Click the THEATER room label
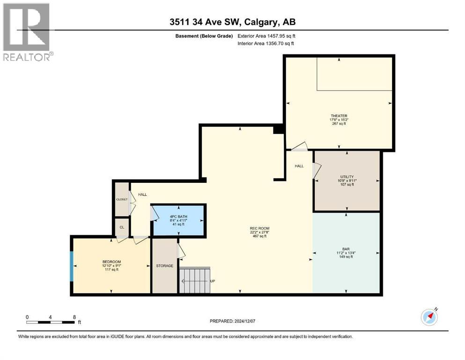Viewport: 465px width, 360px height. (x=338, y=116)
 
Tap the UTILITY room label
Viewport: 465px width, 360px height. (x=347, y=177)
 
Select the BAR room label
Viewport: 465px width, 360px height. (x=347, y=249)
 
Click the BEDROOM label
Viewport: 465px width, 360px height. (x=112, y=262)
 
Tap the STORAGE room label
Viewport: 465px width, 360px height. (x=164, y=266)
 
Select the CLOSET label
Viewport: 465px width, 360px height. (x=122, y=199)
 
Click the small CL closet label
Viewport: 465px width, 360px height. (x=122, y=227)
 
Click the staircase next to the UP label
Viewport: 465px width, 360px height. (x=195, y=280)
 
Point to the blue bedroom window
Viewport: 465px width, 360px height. (x=72, y=266)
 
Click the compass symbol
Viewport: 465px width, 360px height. (x=429, y=317)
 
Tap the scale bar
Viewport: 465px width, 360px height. (x=51, y=322)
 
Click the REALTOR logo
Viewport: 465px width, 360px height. (x=27, y=32)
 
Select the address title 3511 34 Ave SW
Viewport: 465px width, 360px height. (x=232, y=22)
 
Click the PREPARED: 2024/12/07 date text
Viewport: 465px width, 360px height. (x=232, y=321)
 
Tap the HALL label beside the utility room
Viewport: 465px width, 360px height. (x=299, y=166)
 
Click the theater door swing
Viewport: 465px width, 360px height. (x=300, y=147)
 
